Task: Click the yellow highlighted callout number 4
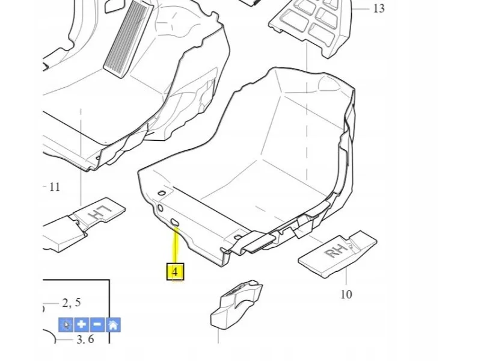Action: (x=175, y=272)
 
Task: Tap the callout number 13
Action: (x=379, y=8)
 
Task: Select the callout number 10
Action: (x=346, y=294)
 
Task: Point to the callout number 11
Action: (x=55, y=187)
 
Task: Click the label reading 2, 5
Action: (x=72, y=303)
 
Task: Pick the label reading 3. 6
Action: (x=85, y=339)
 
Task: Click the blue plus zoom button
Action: (x=82, y=324)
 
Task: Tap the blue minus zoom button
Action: (x=97, y=324)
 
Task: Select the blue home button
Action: (x=113, y=324)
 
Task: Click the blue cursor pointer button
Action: (x=66, y=324)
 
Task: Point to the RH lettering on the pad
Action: (x=336, y=250)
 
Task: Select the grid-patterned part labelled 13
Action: (x=310, y=28)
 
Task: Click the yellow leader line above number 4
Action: (x=176, y=245)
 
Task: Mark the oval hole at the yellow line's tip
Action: (x=175, y=223)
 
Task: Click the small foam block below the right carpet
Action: (x=236, y=304)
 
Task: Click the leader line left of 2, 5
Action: (x=51, y=303)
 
